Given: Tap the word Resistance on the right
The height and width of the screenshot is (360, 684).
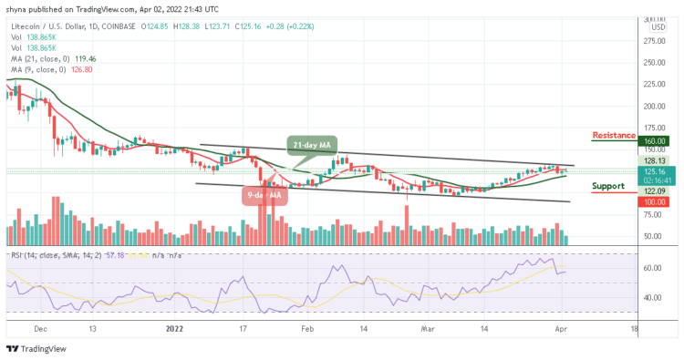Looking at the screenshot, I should point(614,135).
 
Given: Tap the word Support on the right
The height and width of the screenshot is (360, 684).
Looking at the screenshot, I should point(608,186).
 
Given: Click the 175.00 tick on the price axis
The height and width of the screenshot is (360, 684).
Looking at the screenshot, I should point(656,127).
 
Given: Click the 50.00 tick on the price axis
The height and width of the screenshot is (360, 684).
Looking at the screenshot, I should point(656,236).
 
